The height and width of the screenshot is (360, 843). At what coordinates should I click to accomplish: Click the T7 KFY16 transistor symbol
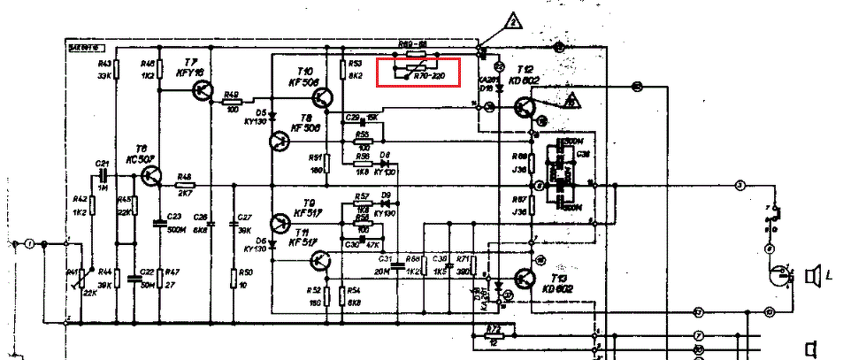[203, 88]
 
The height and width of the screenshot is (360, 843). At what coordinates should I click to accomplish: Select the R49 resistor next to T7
[233, 98]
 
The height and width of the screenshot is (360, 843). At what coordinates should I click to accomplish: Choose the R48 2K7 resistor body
[185, 185]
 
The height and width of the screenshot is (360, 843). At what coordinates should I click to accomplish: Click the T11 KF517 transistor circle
[321, 260]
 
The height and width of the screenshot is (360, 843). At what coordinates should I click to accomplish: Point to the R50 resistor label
[247, 272]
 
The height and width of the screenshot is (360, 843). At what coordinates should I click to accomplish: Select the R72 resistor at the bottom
[494, 334]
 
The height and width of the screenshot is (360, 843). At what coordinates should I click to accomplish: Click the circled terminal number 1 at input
[29, 243]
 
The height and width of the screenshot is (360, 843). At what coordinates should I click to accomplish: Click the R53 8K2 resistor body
[342, 71]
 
